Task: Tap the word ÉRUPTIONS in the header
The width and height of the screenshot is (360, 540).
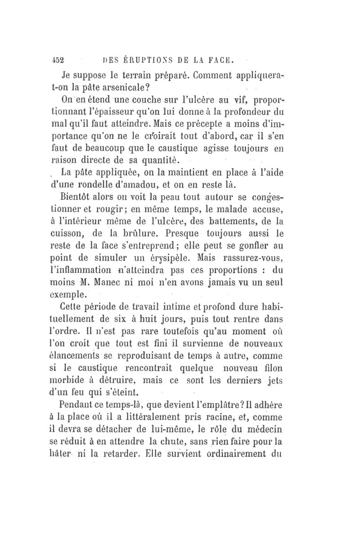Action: [144, 59]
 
